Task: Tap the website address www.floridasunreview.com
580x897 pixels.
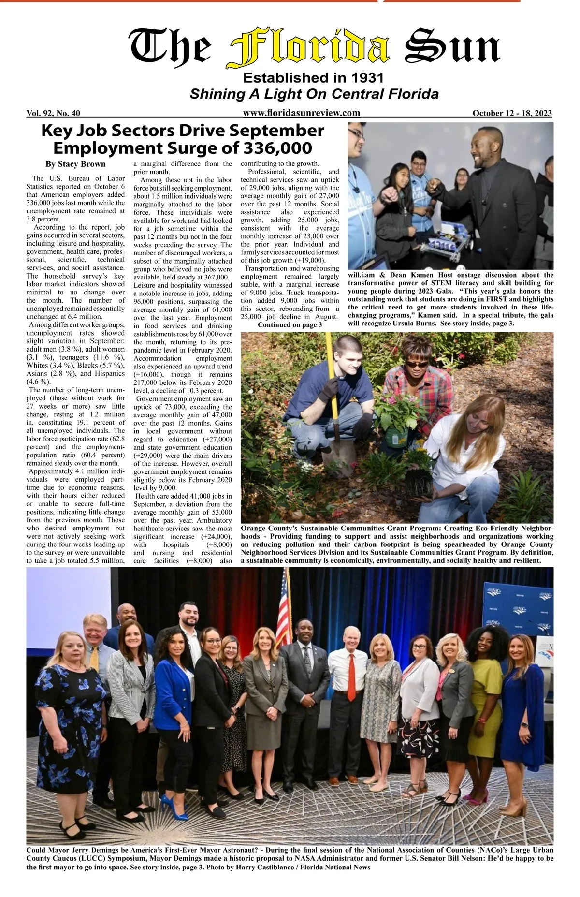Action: (x=302, y=113)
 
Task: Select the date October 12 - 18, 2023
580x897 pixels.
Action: (x=512, y=114)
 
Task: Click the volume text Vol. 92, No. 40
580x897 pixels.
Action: (x=53, y=114)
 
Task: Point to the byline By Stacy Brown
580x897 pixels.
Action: (x=75, y=164)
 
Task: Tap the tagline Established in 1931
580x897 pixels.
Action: (x=313, y=78)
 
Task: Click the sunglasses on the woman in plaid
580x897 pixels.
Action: (x=416, y=364)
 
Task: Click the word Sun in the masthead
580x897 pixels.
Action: (x=452, y=49)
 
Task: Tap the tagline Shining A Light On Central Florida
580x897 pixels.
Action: (x=314, y=94)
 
